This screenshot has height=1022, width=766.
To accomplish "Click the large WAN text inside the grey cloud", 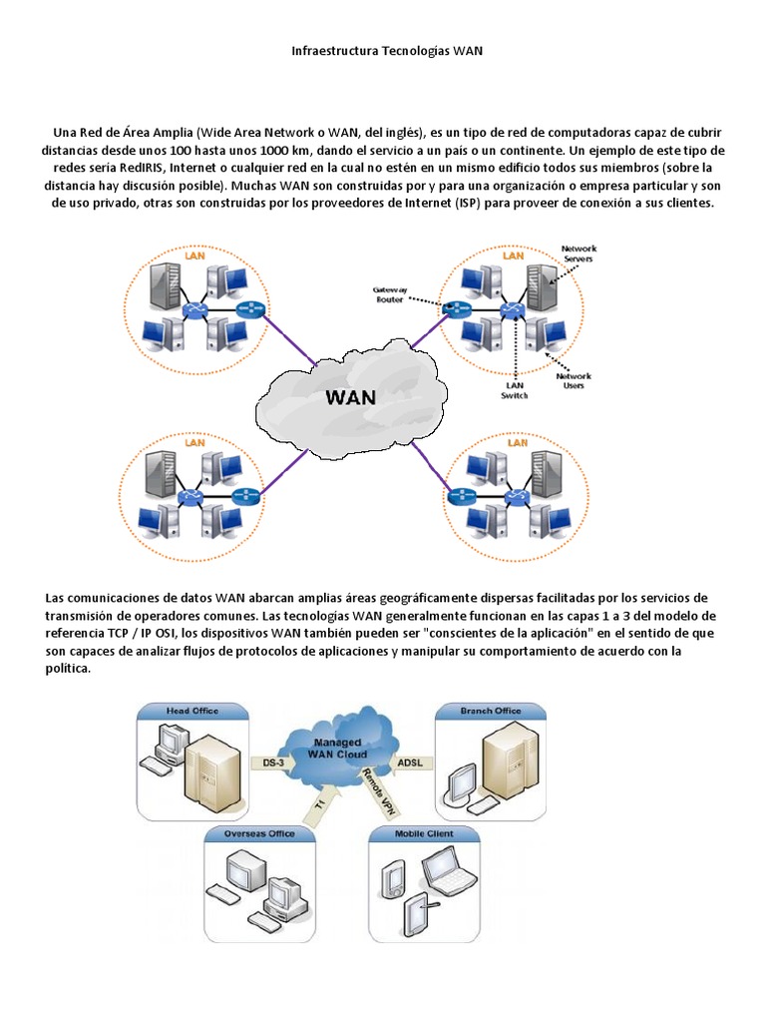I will click(351, 396).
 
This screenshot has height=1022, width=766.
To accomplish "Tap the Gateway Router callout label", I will click(390, 292).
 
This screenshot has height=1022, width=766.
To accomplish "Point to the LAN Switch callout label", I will click(515, 390).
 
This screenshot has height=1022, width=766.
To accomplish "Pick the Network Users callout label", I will click(574, 380).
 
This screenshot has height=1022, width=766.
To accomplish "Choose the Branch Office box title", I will click(491, 711).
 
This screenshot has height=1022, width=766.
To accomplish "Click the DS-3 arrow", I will click(272, 764).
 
